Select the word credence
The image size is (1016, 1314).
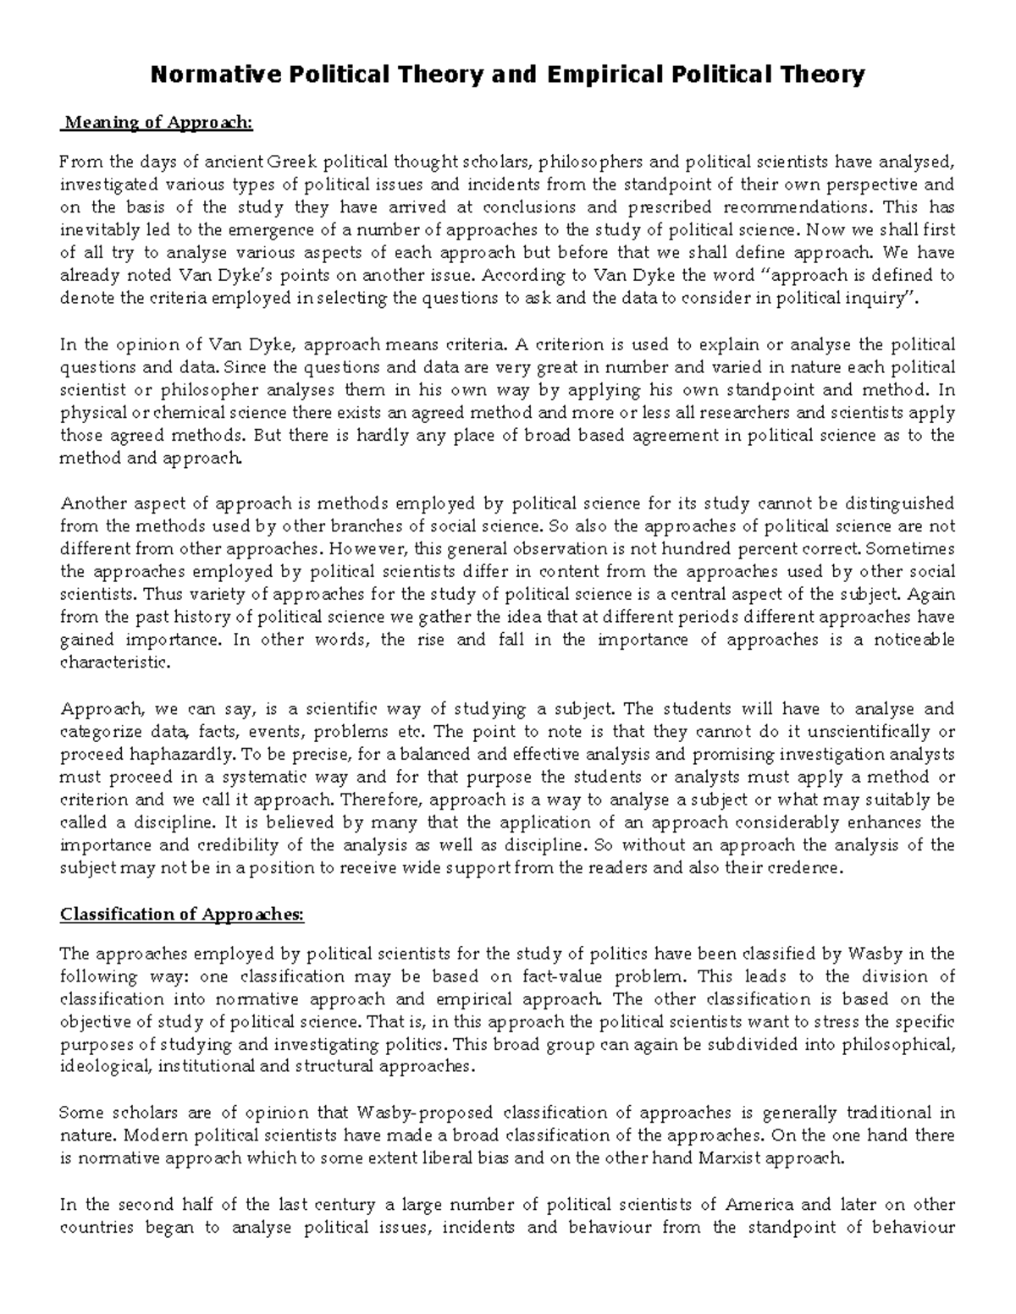coord(809,867)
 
